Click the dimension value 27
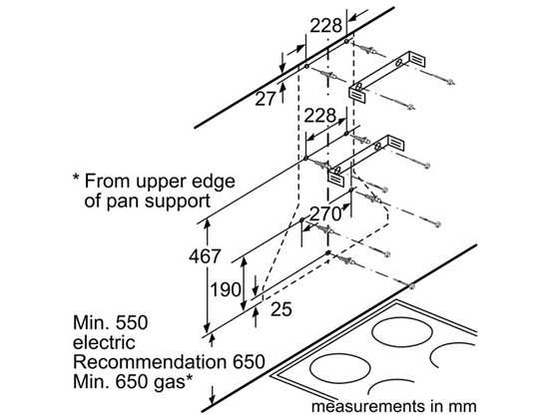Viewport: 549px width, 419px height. tap(266, 99)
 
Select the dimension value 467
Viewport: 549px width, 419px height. tap(205, 256)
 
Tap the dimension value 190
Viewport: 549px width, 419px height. tap(226, 290)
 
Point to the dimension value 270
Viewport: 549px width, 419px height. tap(325, 213)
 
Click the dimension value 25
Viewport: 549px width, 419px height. tap(281, 309)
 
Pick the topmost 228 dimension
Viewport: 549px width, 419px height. tap(326, 26)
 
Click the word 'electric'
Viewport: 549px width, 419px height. tap(104, 342)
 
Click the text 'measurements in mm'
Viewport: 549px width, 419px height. tap(394, 407)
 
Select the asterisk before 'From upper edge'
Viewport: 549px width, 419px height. tap(76, 178)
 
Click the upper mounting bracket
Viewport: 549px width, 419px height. tap(387, 75)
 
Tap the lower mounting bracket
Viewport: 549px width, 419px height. tap(366, 160)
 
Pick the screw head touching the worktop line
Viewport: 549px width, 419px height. tap(411, 286)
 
